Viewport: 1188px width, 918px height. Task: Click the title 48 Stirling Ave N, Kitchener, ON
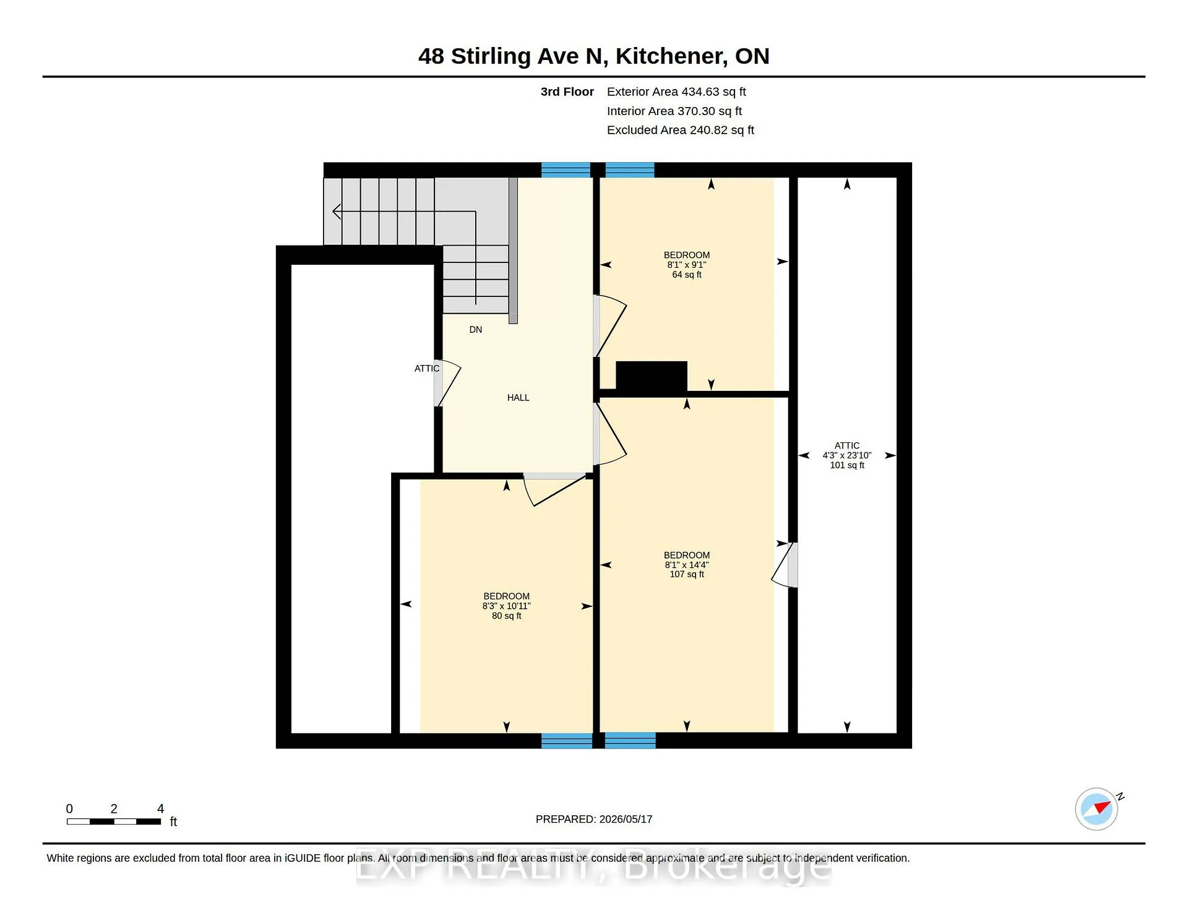pyautogui.click(x=593, y=56)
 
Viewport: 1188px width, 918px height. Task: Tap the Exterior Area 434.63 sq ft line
pyautogui.click(x=676, y=92)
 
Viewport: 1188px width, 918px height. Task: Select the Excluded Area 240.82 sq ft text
pyautogui.click(x=681, y=130)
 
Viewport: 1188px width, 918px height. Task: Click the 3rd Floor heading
pyautogui.click(x=567, y=92)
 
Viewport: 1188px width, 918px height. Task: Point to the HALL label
pyautogui.click(x=519, y=398)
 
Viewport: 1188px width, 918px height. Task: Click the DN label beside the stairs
pyautogui.click(x=475, y=330)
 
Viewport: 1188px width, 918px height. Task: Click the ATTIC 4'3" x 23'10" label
pyautogui.click(x=847, y=455)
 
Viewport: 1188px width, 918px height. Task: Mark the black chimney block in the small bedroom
pyautogui.click(x=652, y=376)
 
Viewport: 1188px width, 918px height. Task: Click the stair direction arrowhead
pyautogui.click(x=337, y=212)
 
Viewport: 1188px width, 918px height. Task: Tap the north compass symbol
pyautogui.click(x=1097, y=809)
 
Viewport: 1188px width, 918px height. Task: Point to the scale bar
pyautogui.click(x=114, y=821)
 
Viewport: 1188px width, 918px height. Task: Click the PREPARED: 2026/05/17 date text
pyautogui.click(x=594, y=819)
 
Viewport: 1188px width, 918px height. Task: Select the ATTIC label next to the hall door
pyautogui.click(x=427, y=369)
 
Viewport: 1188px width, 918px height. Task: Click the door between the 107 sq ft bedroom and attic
pyautogui.click(x=785, y=565)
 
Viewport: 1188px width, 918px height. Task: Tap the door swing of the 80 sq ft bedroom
pyautogui.click(x=555, y=489)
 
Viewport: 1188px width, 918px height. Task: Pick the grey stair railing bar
pyautogui.click(x=513, y=251)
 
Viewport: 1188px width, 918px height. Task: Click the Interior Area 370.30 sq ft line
pyautogui.click(x=674, y=111)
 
